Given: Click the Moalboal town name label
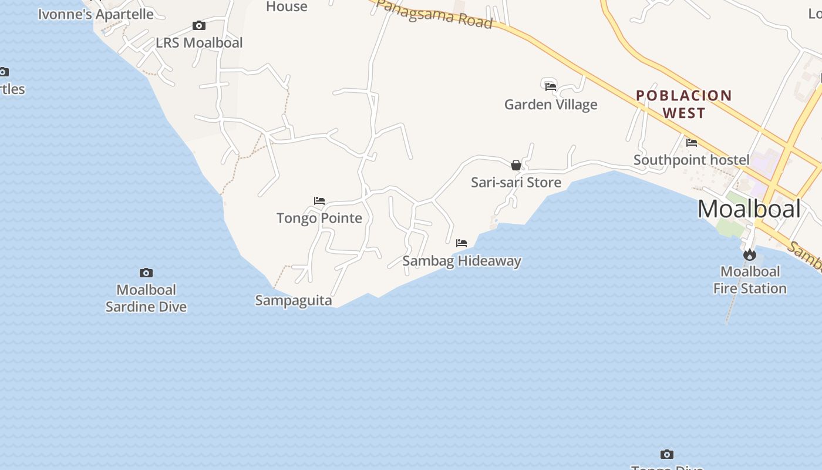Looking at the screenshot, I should [x=749, y=209].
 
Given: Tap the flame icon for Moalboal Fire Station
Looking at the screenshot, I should [x=749, y=255].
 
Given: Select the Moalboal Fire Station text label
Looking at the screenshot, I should [x=750, y=280].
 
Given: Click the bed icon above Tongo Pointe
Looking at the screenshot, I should [x=319, y=201].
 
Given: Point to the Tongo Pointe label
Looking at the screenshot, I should [x=319, y=219].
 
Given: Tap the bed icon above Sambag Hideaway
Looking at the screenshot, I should [x=461, y=243].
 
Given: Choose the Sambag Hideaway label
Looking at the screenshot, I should [x=461, y=261].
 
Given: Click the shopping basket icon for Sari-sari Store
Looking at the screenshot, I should [x=516, y=165].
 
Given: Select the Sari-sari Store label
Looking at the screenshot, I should [x=516, y=183].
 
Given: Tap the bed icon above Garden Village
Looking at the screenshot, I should [x=551, y=87].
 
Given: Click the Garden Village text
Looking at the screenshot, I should [x=551, y=105].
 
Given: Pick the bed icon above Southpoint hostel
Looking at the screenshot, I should [x=692, y=142].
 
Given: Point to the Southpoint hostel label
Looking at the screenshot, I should [x=692, y=160].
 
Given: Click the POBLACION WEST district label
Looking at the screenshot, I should [x=684, y=104].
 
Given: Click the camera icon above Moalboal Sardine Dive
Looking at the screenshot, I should [x=146, y=273].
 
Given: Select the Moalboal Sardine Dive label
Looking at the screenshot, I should [x=146, y=298].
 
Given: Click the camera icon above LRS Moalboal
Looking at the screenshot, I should [x=199, y=26].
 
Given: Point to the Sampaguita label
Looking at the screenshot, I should [x=294, y=301].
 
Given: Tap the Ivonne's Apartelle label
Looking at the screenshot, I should [x=96, y=15].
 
